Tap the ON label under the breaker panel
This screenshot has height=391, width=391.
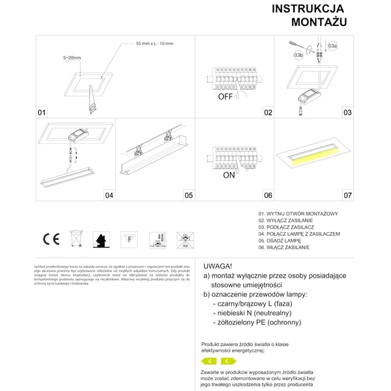click(229, 176)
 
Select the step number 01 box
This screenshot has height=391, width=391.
click(42, 112)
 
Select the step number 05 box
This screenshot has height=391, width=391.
click(188, 195)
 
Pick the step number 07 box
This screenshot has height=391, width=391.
click(347, 195)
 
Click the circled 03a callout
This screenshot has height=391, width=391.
click(332, 46)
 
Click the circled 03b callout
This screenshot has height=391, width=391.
click(298, 57)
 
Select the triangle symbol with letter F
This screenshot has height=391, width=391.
click(130, 240)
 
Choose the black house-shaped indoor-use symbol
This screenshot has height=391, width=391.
click(102, 240)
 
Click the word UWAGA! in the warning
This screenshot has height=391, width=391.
click(220, 267)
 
